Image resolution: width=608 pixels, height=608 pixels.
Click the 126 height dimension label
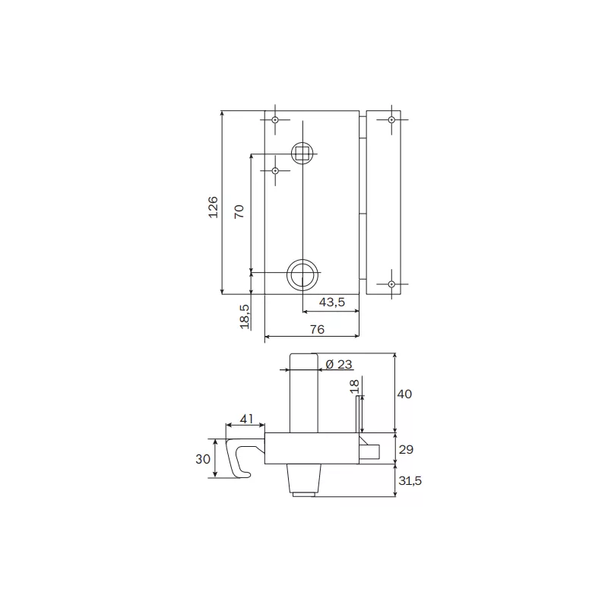point(214,207)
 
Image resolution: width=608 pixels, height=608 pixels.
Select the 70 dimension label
point(239,212)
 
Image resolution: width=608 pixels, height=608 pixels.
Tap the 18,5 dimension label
point(245,315)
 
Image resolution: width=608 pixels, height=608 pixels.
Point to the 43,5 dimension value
point(331,302)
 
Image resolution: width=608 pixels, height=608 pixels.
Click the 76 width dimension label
point(317,329)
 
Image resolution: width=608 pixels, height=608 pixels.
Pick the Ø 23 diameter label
point(338,363)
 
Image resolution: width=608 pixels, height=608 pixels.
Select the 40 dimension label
point(404,394)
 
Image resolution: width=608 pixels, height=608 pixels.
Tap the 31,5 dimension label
point(408,480)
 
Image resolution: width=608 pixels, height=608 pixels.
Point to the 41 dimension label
point(247,419)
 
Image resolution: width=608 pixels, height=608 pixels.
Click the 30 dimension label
point(202,458)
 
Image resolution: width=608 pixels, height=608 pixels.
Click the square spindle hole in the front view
point(302,152)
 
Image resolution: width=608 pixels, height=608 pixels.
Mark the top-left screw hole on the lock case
point(275,120)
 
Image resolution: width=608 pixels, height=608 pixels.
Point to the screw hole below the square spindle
point(275,171)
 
